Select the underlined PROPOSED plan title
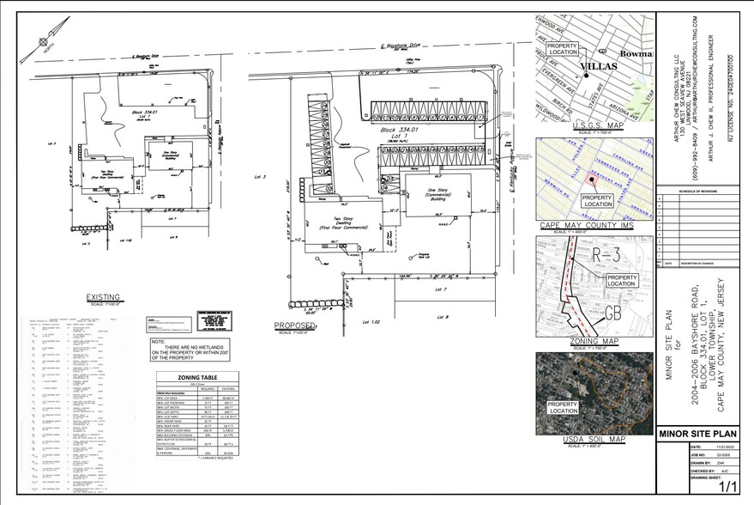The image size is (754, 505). click(294, 326)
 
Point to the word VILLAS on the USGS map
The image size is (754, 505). click(599, 66)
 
